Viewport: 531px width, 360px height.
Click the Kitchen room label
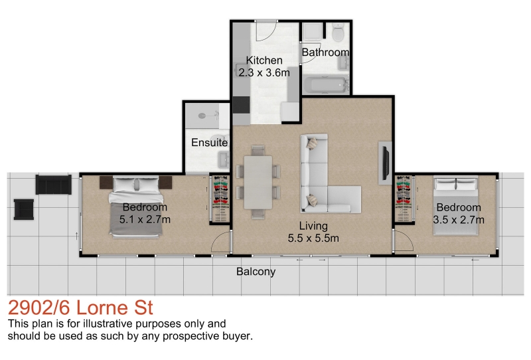pos(264,60)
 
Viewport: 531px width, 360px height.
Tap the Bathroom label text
pos(325,52)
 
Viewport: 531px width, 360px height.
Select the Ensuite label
pos(209,142)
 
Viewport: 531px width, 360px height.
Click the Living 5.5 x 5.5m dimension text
pos(313,238)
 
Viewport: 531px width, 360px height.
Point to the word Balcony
pos(256,272)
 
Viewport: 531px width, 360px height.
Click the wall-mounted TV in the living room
pos(386,163)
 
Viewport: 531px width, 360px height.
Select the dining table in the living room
pos(258,182)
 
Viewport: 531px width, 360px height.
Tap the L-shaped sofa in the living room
pos(325,176)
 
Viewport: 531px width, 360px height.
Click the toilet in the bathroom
pos(338,33)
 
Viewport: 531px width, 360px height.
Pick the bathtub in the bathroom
pos(326,85)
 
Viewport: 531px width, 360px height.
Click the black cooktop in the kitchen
pos(241,105)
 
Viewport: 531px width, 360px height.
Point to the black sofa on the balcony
pos(54,185)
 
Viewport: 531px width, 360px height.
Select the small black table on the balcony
pos(24,209)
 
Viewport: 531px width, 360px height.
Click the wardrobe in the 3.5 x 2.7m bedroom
pos(404,199)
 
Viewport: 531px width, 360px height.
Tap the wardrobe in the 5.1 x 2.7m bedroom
pos(220,199)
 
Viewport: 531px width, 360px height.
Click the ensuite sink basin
pos(224,159)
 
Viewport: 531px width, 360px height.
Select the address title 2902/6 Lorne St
pos(80,308)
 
